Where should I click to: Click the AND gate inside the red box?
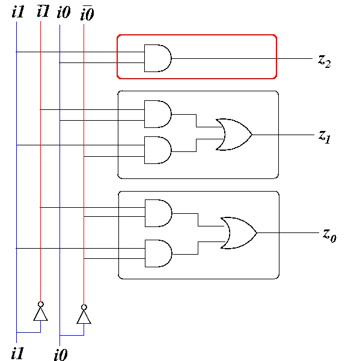pos(158,58)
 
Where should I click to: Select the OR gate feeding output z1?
pos(234,135)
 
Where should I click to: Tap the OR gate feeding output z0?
pos(239,233)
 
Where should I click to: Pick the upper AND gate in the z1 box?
pos(158,114)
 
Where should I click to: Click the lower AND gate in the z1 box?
pos(158,150)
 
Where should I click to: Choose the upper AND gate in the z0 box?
pos(159,213)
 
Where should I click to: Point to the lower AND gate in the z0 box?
pos(159,253)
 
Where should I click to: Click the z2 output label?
pos(325,61)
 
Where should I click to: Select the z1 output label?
pos(325,137)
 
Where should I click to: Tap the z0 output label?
pos(329,235)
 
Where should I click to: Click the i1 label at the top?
pos(18,12)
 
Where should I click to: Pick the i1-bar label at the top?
pos(43,11)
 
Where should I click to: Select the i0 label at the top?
pos(64,12)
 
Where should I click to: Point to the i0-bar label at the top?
pos(87,13)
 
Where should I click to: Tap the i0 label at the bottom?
pos(61,355)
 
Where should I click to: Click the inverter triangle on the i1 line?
pos(40,314)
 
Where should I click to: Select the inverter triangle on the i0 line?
pos(84,317)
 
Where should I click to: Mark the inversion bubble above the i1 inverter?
pos(40,305)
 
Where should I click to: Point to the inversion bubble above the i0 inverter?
pos(84,308)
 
